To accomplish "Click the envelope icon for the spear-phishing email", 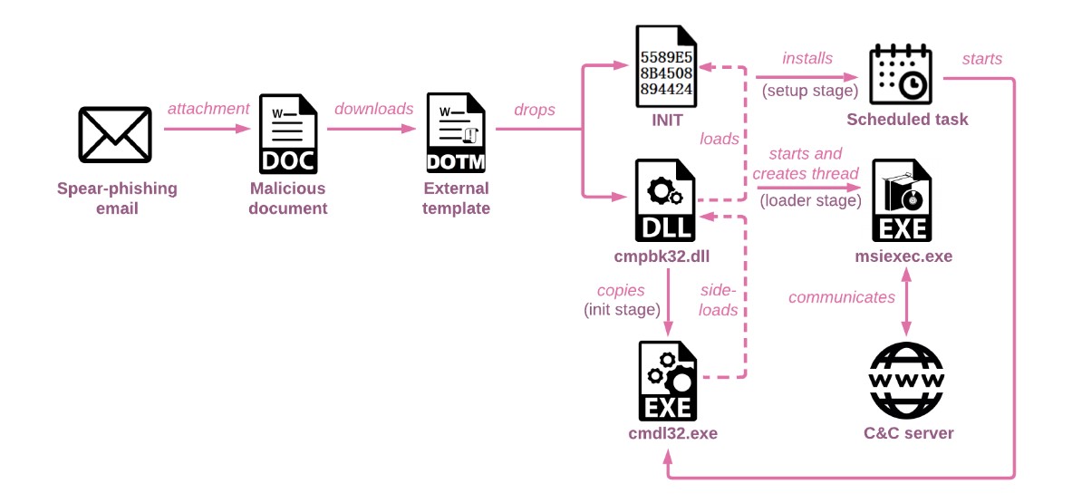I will click(x=115, y=133).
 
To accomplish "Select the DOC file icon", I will click(x=288, y=134).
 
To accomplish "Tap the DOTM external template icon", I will click(x=456, y=134).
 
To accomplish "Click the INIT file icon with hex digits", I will click(x=666, y=63).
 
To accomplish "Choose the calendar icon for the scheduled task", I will click(x=899, y=75).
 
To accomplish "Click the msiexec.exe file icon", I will click(x=901, y=200).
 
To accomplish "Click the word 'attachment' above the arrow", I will click(x=208, y=109).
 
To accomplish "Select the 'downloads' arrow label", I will click(x=374, y=109).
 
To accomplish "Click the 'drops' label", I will click(x=535, y=110).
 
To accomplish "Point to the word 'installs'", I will click(x=807, y=58).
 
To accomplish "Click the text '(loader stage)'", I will click(x=810, y=200).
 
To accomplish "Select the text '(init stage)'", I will click(x=622, y=310).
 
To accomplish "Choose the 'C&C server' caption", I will click(x=908, y=433).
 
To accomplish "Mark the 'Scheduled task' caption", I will click(x=907, y=120).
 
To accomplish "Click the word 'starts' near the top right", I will click(x=981, y=59).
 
